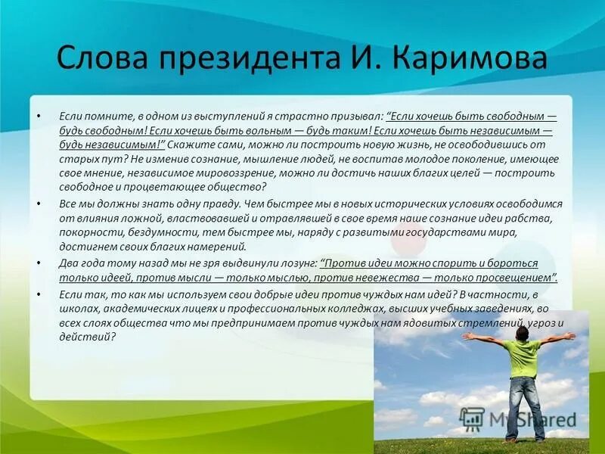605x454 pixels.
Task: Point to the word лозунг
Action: pyautogui.click(x=294, y=263)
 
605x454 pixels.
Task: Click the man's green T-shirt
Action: pyautogui.click(x=523, y=356)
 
